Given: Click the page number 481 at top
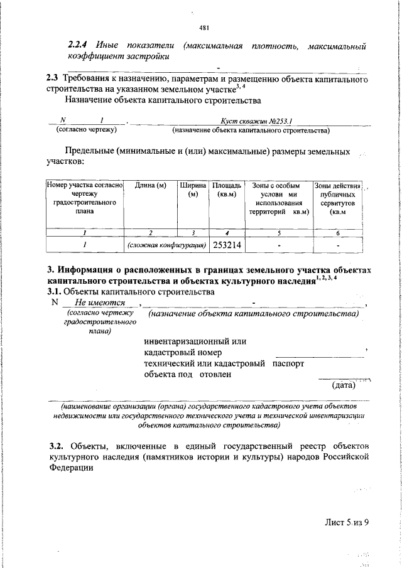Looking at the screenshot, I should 204,28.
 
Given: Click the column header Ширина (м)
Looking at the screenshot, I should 193,190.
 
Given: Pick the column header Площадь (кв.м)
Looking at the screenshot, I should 226,190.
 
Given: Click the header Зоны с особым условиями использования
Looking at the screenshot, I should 278,199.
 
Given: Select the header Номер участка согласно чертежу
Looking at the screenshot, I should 84,199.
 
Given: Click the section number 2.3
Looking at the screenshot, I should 52,78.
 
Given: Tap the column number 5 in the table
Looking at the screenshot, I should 278,233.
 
